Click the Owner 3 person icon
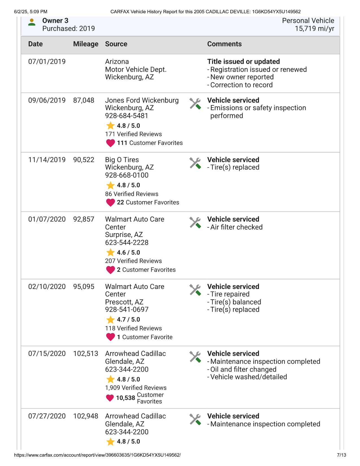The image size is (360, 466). point(32,22)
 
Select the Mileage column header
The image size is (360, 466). point(86,44)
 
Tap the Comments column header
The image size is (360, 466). point(224,44)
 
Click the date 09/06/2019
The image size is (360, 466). point(47,100)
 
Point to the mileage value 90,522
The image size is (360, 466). point(84,160)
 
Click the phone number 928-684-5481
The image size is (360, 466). point(126,116)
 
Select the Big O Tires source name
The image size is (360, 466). point(122,160)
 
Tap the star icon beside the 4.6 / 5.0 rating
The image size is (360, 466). point(110,252)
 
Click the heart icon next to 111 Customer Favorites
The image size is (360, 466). point(110,143)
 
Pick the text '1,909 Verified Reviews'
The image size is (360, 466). point(136,388)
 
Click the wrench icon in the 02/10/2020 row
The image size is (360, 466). point(195,290)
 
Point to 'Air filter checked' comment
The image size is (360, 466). point(236,227)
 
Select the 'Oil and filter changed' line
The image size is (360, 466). point(243,369)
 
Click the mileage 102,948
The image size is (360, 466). point(86,416)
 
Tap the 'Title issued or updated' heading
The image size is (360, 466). point(243,62)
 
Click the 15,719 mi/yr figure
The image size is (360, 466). point(315,29)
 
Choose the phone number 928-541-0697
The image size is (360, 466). point(126,310)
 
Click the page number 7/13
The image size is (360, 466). point(341,455)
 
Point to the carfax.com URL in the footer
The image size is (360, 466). point(97,455)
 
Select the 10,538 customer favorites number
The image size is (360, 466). point(125,398)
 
